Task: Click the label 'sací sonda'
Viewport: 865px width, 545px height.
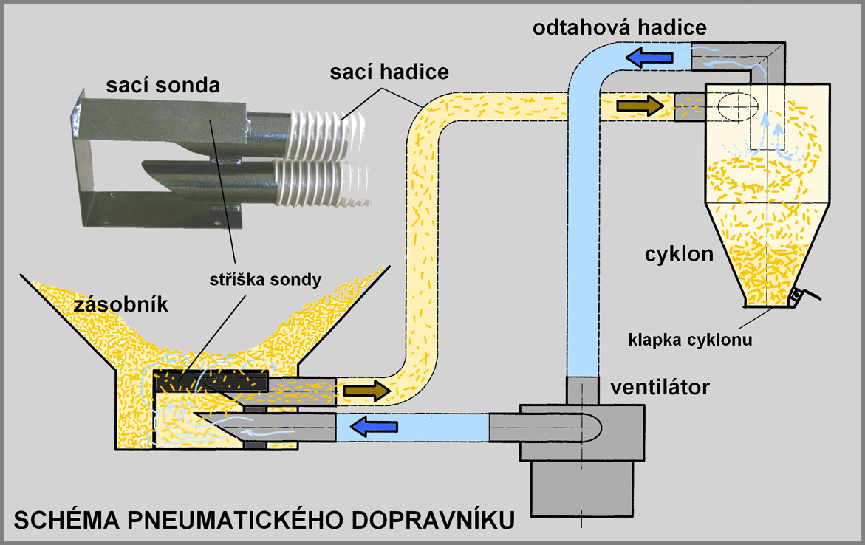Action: coord(163,85)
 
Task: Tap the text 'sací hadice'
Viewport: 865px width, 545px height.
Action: coord(389,72)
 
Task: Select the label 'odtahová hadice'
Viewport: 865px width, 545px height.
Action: coord(620,27)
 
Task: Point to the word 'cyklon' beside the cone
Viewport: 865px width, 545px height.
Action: coord(679,254)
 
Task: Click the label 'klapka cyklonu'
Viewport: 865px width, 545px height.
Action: coord(690,339)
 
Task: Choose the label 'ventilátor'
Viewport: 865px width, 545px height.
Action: coord(660,387)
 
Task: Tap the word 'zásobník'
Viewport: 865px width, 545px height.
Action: coord(121,304)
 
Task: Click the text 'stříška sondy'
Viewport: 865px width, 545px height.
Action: coord(265,280)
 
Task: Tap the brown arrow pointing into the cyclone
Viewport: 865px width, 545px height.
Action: coord(640,104)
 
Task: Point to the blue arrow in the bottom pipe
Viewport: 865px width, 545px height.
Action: coord(375,426)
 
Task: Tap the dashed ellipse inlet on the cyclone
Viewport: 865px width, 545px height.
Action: coord(738,104)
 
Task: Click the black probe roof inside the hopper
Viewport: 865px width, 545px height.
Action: coord(211,381)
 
